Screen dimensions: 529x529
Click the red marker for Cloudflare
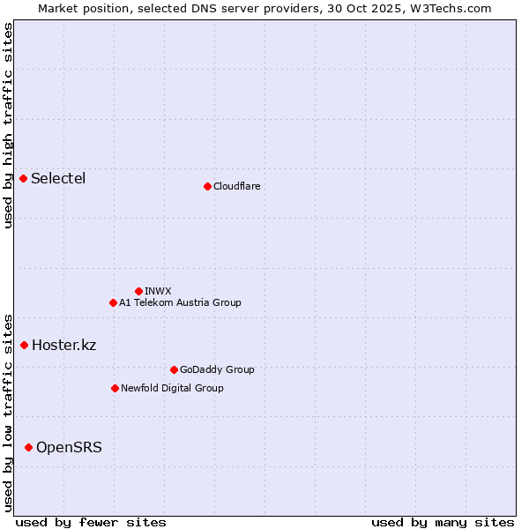pyautogui.click(x=207, y=186)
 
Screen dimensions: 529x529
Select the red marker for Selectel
pyautogui.click(x=24, y=179)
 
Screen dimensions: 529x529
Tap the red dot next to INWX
pyautogui.click(x=138, y=291)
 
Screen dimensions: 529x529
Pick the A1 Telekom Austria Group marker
pyautogui.click(x=113, y=302)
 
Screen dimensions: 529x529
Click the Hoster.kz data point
pyautogui.click(x=25, y=345)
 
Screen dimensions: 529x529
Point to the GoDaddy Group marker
pyautogui.click(x=174, y=369)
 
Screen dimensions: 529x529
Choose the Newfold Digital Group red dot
pyautogui.click(x=115, y=388)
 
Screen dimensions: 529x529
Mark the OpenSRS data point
pyautogui.click(x=29, y=448)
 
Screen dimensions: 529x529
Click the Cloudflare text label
pyautogui.click(x=237, y=186)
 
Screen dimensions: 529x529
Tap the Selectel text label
pyautogui.click(x=58, y=179)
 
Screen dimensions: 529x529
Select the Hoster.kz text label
pyautogui.click(x=63, y=345)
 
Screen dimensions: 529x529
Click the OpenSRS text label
pyautogui.click(x=69, y=448)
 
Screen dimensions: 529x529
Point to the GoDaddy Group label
pyautogui.click(x=217, y=369)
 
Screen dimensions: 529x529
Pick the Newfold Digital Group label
pyautogui.click(x=172, y=388)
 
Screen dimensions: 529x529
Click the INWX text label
pyautogui.click(x=158, y=291)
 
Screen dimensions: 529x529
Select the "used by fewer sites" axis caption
pyautogui.click(x=91, y=522)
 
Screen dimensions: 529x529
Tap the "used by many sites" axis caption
pyautogui.click(x=443, y=522)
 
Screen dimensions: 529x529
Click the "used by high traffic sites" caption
pyautogui.click(x=8, y=125)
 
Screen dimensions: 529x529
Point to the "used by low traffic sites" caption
pyautogui.click(x=8, y=412)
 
